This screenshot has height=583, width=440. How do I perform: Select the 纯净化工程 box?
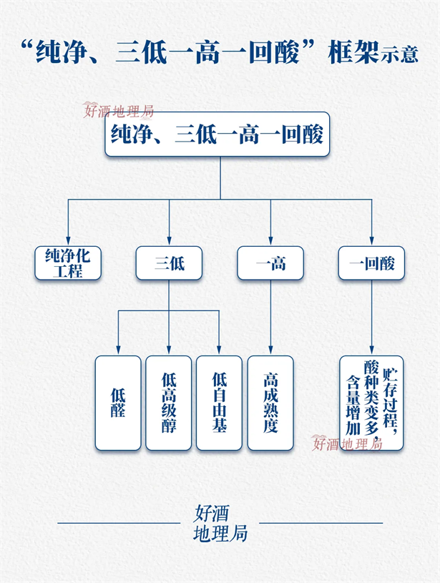coord(68,263)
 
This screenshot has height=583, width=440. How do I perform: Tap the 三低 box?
coord(169,263)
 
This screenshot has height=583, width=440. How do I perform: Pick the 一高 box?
coord(270,263)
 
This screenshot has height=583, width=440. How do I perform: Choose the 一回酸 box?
coord(371,263)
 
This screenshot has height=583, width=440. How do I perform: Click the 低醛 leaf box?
coord(118,403)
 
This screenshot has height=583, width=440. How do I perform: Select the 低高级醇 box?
coord(169,403)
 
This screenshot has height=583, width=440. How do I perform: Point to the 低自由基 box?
coord(219,403)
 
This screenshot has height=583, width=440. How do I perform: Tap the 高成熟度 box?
coord(270,403)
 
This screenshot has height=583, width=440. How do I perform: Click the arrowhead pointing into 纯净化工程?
coord(68,241)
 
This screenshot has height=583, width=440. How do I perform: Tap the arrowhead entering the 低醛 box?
coord(118,351)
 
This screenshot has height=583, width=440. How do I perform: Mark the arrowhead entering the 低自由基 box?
coord(219,351)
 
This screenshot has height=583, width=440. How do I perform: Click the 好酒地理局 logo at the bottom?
coord(220,523)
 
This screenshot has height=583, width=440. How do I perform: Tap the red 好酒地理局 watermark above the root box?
coord(119,110)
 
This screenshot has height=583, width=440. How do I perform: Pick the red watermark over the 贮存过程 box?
coord(348,444)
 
